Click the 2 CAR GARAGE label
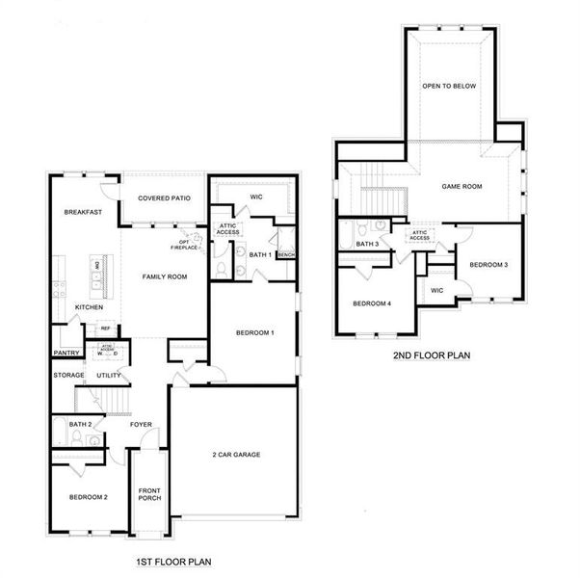(237, 454)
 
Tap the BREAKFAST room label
(83, 211)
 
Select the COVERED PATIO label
(164, 198)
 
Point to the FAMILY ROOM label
(164, 276)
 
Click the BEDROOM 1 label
(255, 332)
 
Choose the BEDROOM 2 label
(88, 497)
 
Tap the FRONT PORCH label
(149, 494)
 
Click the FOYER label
(141, 424)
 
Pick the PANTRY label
(66, 353)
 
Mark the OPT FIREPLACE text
(184, 245)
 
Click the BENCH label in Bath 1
(286, 254)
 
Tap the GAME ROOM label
(461, 186)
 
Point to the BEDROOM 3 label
(488, 264)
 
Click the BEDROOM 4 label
(372, 304)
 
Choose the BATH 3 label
(367, 245)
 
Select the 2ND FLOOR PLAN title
(431, 355)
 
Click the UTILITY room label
(109, 375)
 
